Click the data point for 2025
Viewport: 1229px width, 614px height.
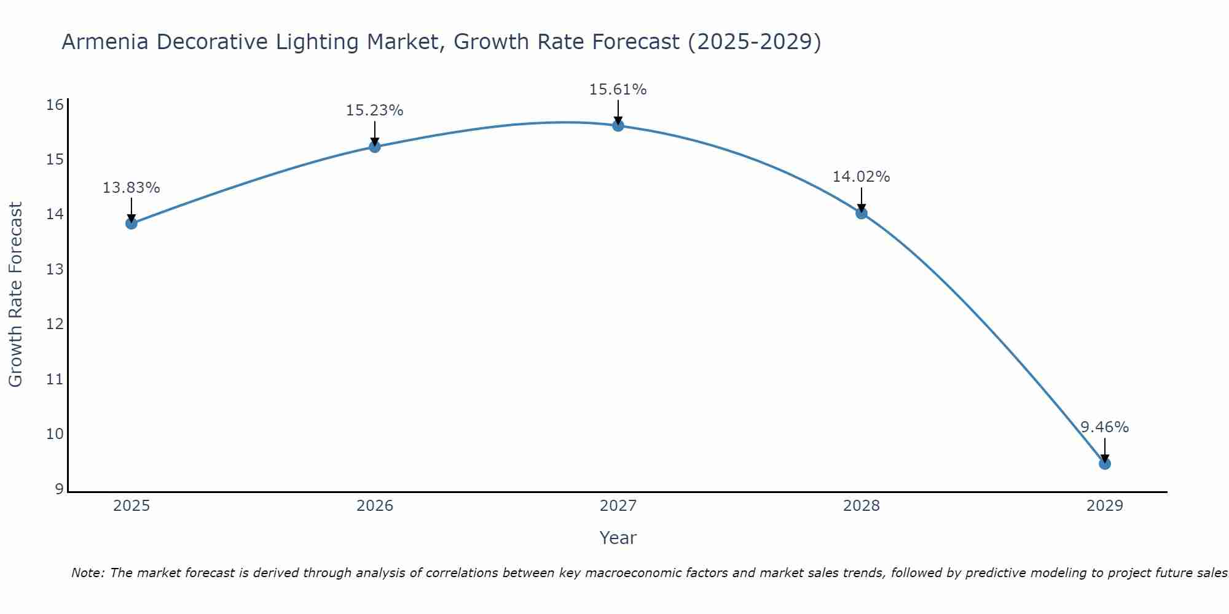pos(132,223)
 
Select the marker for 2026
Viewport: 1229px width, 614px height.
pos(375,146)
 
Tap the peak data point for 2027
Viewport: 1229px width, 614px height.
pos(618,125)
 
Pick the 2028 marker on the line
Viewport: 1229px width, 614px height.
pos(862,213)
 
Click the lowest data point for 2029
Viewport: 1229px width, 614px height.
pos(1105,464)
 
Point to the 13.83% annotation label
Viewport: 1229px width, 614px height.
pos(131,187)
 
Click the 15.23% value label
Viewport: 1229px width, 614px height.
pos(374,111)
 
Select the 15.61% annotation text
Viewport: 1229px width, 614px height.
pos(618,90)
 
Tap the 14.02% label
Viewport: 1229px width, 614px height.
pos(861,177)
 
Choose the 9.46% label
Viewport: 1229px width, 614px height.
pos(1104,427)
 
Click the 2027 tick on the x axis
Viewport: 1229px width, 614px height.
pos(618,506)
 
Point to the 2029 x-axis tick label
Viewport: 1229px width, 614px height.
pos(1105,506)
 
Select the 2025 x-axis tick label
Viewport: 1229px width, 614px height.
pos(132,506)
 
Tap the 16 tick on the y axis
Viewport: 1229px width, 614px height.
pos(55,105)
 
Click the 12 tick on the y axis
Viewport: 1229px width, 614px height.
pos(55,324)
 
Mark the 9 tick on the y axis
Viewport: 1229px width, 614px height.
pos(59,489)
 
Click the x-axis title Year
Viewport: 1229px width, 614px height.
pos(618,538)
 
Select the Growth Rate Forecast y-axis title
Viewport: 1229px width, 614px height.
pos(16,295)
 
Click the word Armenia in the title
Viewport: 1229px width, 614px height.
pos(105,42)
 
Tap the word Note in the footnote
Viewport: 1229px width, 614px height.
pos(88,573)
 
